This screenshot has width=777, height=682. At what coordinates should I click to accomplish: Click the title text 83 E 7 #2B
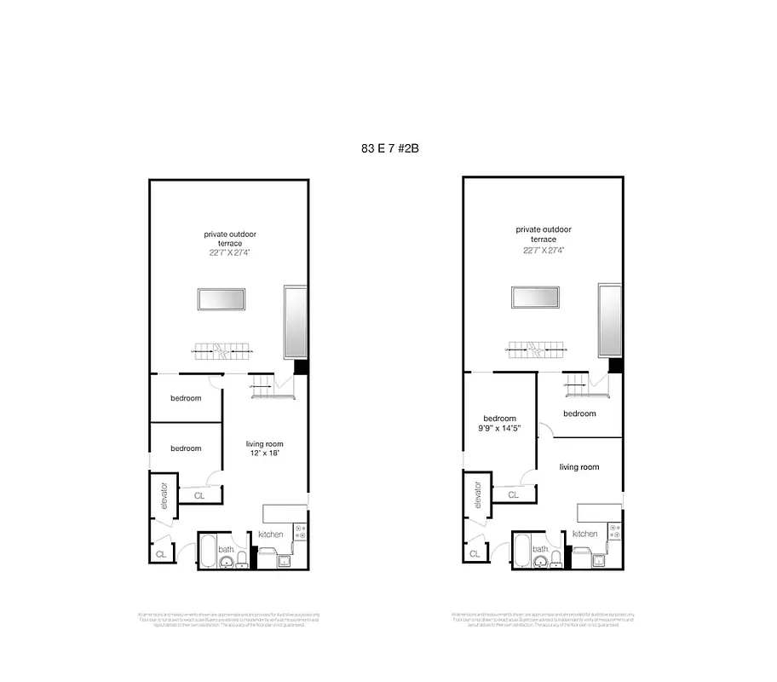389,147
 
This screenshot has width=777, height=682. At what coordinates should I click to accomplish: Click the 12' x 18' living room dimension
264,454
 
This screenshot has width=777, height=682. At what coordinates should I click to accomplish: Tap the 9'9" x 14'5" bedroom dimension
500,429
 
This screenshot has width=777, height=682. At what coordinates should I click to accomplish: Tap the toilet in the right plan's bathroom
555,558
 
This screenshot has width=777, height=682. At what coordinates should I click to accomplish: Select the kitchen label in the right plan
584,534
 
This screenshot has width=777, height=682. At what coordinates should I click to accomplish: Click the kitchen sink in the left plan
283,560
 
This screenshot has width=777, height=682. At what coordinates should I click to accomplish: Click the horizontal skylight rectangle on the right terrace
535,298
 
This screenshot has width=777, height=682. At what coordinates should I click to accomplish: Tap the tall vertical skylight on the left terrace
295,321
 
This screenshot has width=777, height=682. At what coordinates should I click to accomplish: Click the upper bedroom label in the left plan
186,398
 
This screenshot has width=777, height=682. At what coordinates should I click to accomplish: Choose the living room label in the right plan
578,466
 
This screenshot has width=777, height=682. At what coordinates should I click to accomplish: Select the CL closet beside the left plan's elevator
199,495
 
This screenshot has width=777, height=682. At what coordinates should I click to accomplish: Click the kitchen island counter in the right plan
597,512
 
